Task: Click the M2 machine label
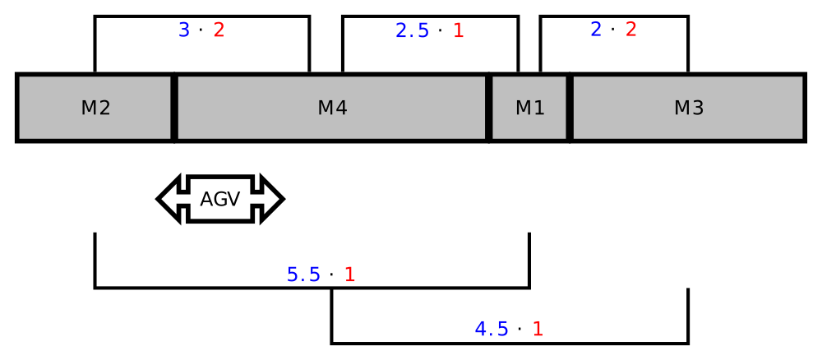[x=95, y=108]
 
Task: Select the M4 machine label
[x=332, y=108]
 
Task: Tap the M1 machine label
[x=530, y=108]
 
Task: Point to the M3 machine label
[x=689, y=108]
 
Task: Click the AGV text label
[x=220, y=199]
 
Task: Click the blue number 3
[x=184, y=30]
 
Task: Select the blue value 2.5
[x=412, y=31]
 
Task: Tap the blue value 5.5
[x=303, y=275]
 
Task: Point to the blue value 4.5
[x=492, y=329]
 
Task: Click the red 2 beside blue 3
[x=219, y=30]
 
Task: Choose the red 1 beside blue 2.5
[x=459, y=31]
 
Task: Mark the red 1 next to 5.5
[x=349, y=275]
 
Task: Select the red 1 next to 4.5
[x=538, y=329]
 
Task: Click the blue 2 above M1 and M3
[x=596, y=30]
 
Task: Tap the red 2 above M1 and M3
[x=631, y=30]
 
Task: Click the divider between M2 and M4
[x=174, y=108]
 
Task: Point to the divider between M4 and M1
[x=488, y=108]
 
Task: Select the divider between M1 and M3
[x=570, y=108]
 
